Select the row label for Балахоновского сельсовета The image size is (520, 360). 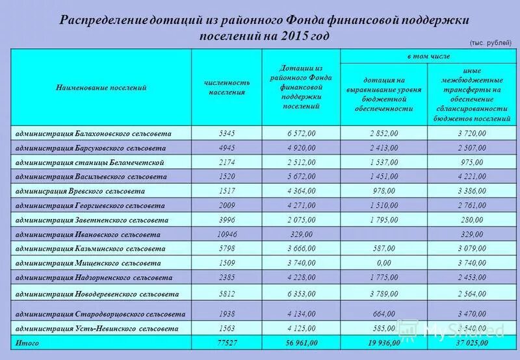(93, 133)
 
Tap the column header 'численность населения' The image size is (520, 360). (227, 87)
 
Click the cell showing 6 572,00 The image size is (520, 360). (302, 133)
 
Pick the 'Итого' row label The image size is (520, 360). (28, 342)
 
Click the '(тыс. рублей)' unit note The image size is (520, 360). (490, 42)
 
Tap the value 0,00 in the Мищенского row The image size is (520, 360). (383, 264)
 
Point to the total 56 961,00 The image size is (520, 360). (302, 342)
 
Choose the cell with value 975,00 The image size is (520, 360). (471, 162)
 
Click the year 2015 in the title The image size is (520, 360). (299, 35)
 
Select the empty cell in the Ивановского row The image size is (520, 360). (383, 235)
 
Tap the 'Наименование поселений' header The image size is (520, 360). (101, 87)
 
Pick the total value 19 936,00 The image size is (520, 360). (383, 342)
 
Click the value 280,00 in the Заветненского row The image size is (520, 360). (471, 220)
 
